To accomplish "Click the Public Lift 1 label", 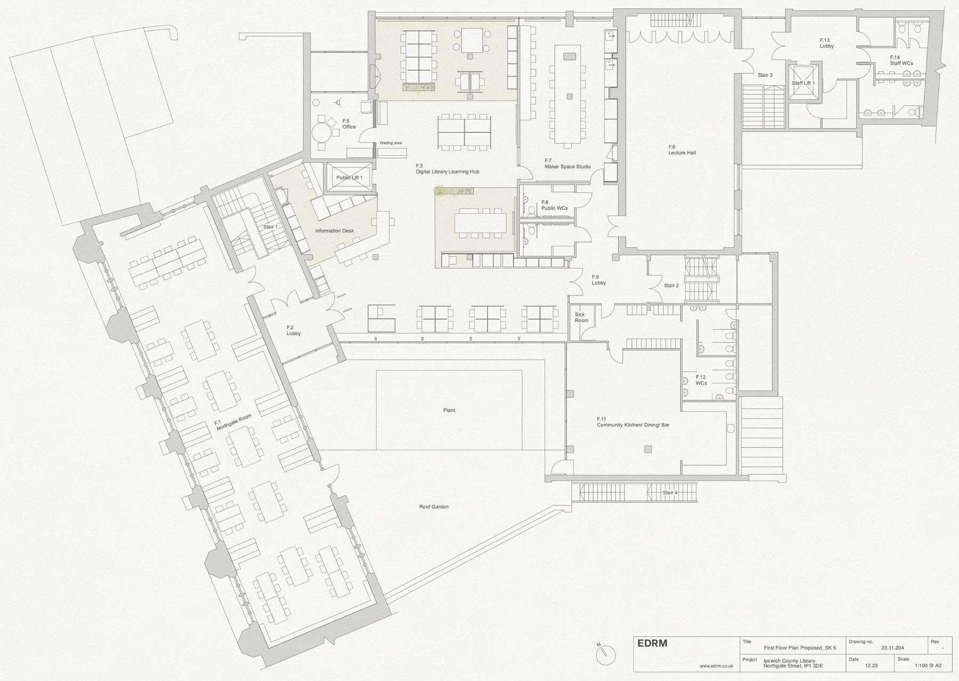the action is (x=350, y=178).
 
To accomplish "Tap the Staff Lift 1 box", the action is (x=803, y=83).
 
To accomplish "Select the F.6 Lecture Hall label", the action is (x=682, y=150).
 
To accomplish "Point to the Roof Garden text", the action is (x=434, y=507).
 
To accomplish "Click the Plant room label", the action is (x=449, y=410).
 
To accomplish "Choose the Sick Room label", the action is (x=581, y=317).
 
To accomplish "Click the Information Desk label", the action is (x=335, y=231).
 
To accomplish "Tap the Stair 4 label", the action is (x=670, y=493).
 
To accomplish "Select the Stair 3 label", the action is (x=765, y=75).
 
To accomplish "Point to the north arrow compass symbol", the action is (x=606, y=655).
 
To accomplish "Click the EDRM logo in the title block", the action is (x=652, y=643).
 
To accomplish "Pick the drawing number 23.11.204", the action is (x=892, y=648).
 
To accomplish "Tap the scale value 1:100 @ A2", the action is (x=928, y=666).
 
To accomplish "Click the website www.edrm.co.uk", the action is (x=717, y=666).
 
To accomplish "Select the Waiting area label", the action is (x=391, y=143).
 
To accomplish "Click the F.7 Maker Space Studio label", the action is (x=567, y=164).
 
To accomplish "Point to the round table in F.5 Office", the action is (x=322, y=131).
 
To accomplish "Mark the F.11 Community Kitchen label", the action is (x=633, y=422).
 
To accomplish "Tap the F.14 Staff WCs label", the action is (x=901, y=60).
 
